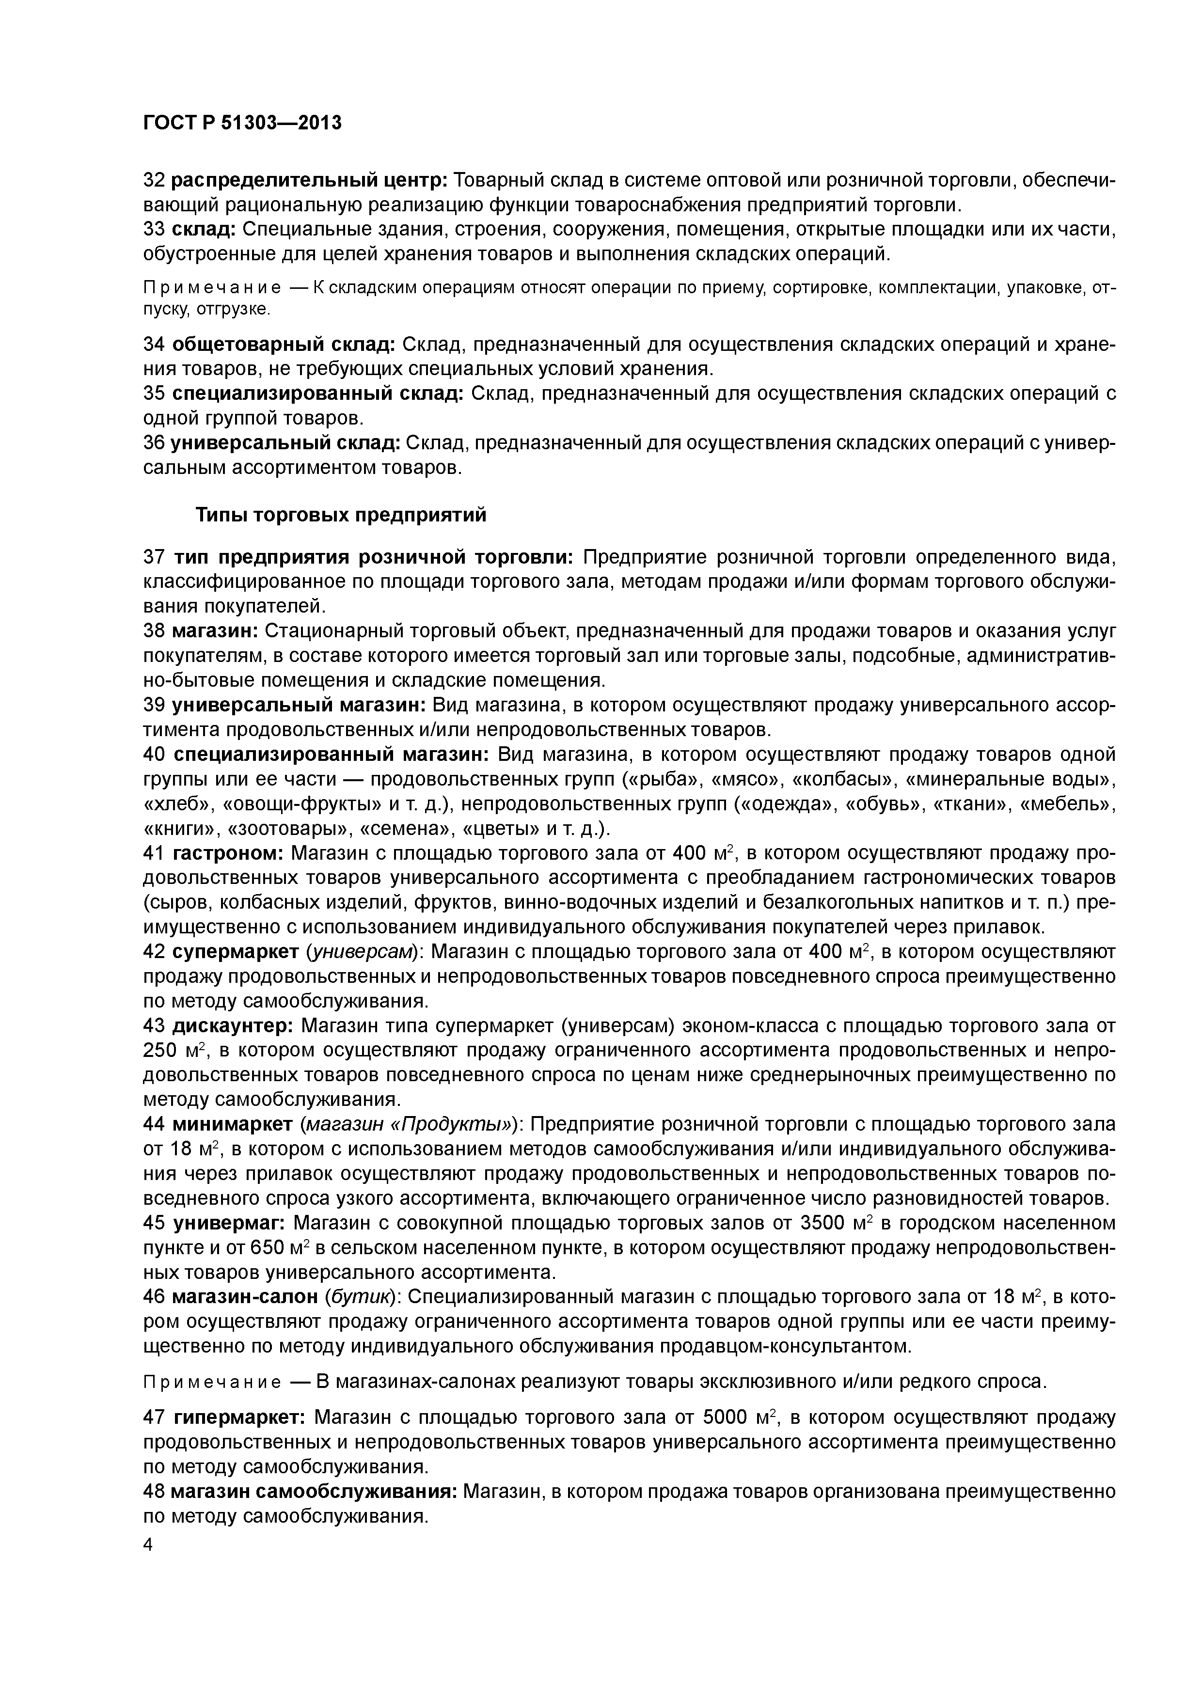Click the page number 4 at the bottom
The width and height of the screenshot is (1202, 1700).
pos(147,1544)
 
